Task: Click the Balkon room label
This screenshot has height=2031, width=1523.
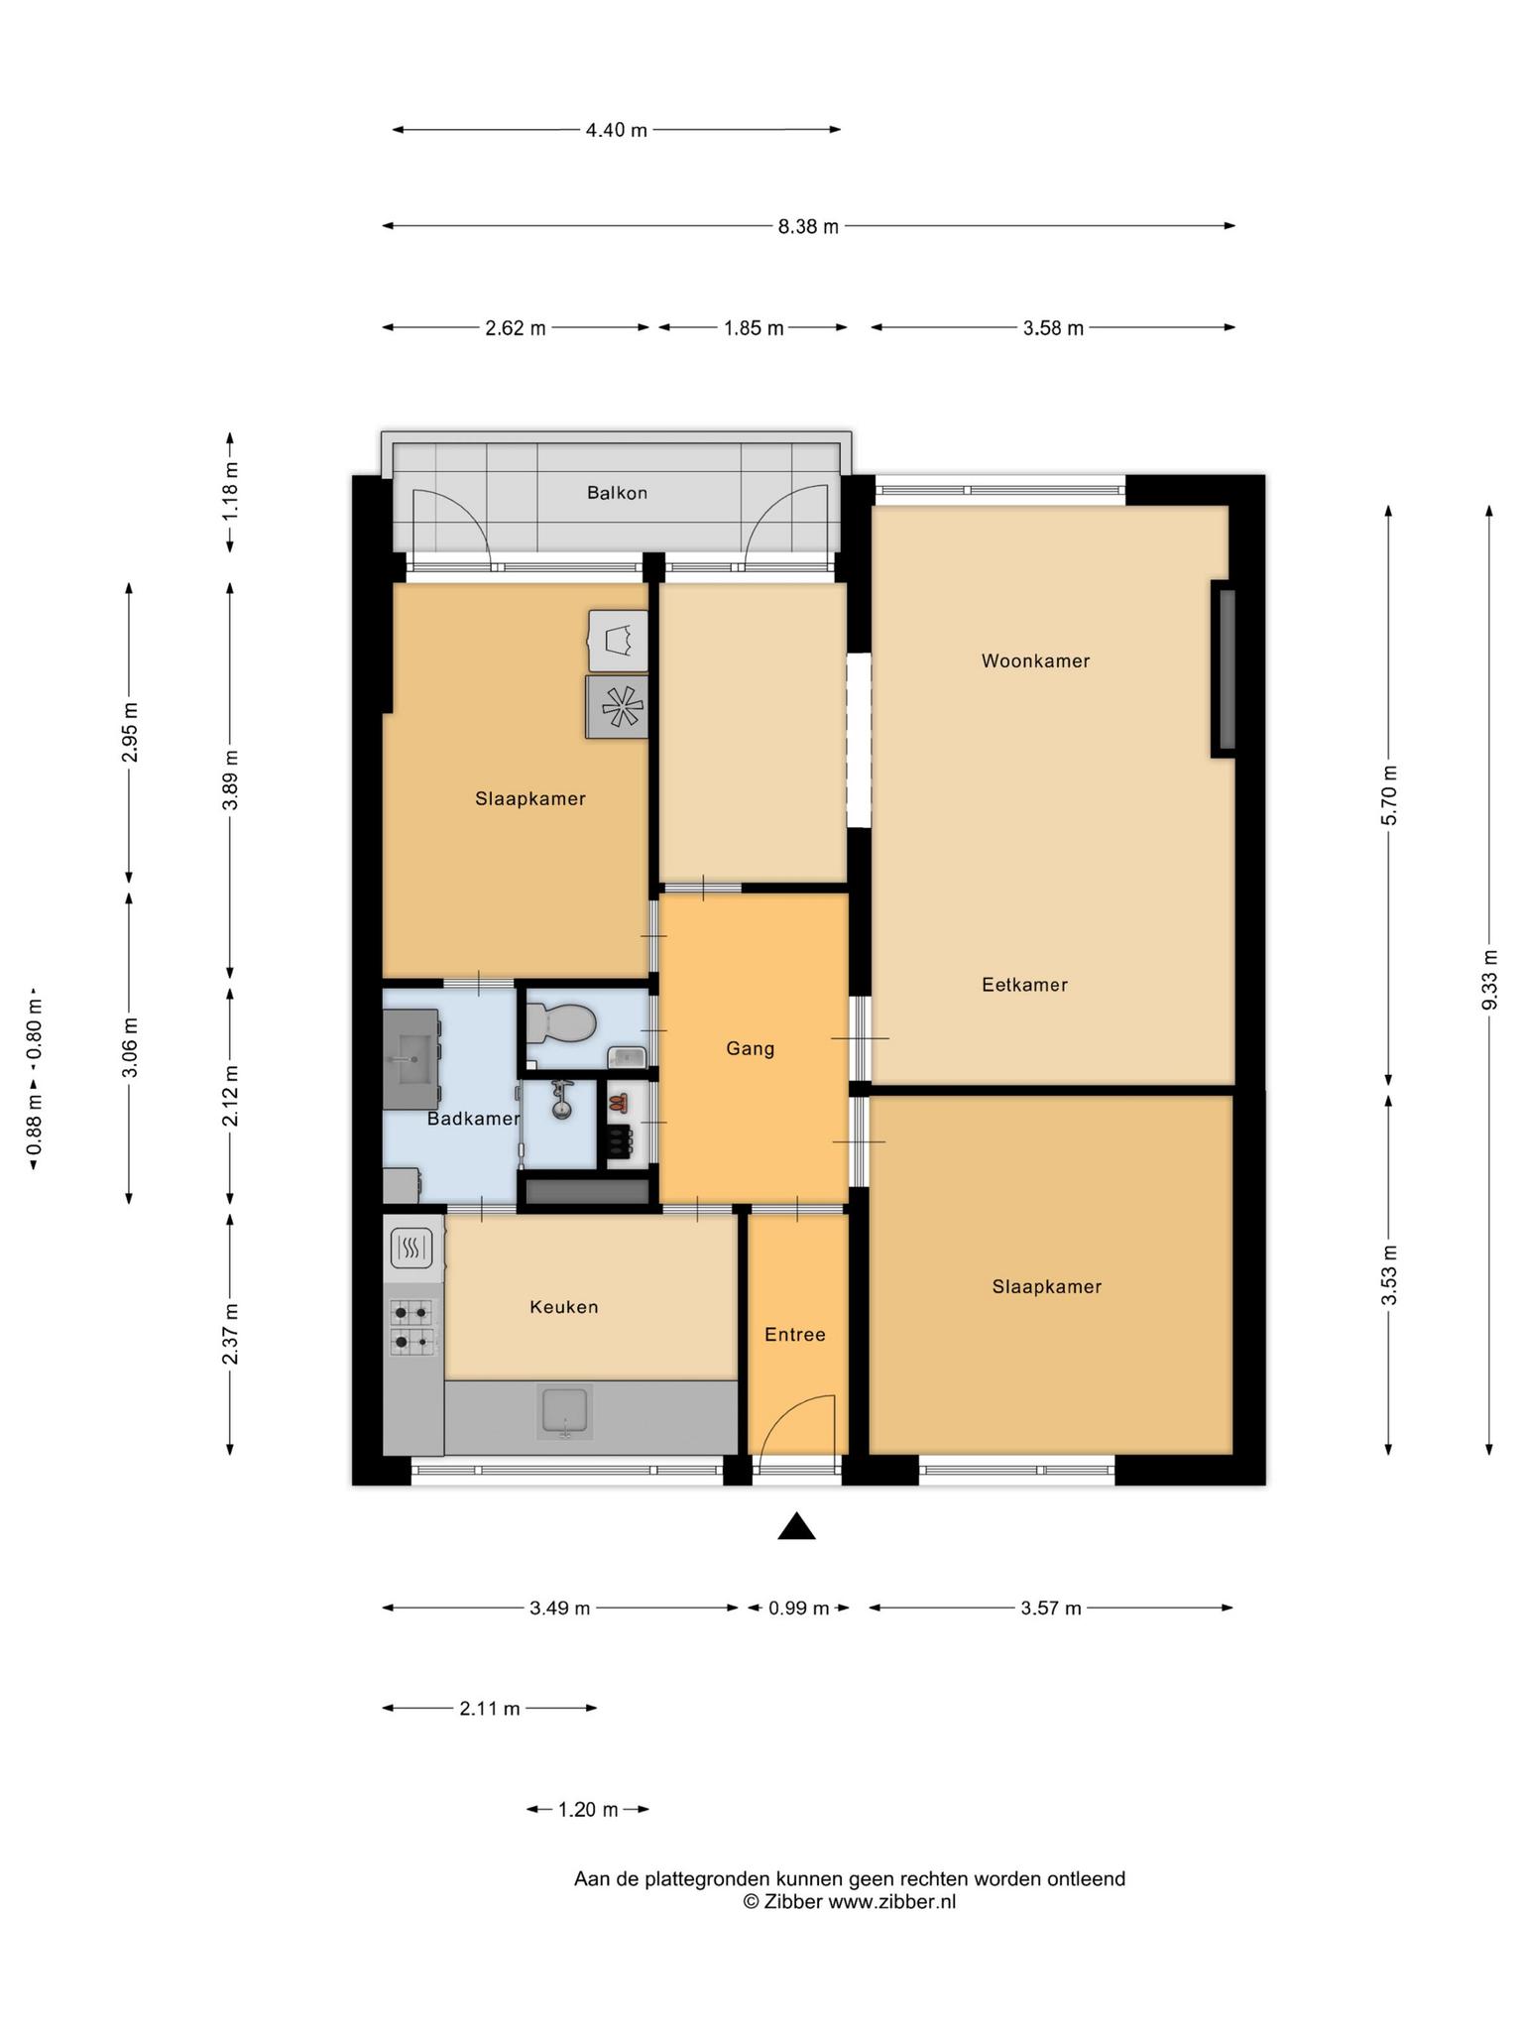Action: click(617, 493)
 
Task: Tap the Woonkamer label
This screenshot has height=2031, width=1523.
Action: click(1035, 660)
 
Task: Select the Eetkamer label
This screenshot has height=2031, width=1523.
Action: click(1024, 985)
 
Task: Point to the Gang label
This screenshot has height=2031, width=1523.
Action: click(750, 1048)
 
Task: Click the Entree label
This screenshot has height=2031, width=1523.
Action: click(794, 1335)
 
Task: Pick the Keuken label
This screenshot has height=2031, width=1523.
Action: click(563, 1307)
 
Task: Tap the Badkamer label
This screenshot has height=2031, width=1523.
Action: click(473, 1119)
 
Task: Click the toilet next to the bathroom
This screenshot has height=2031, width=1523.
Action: click(559, 1022)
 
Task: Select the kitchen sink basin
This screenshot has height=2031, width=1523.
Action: click(564, 1412)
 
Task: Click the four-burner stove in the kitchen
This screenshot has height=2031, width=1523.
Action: click(411, 1328)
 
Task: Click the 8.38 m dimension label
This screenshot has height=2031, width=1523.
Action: click(808, 226)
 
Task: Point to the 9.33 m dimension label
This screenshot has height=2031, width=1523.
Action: click(1489, 980)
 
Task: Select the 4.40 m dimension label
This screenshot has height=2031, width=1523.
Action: click(617, 130)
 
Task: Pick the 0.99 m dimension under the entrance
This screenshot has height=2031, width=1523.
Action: click(798, 1608)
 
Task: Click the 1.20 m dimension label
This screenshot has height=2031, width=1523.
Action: click(588, 1810)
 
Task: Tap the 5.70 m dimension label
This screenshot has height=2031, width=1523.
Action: click(1388, 795)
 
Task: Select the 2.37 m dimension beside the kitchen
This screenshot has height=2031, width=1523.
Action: click(230, 1334)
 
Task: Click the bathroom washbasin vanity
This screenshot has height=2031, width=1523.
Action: click(411, 1059)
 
